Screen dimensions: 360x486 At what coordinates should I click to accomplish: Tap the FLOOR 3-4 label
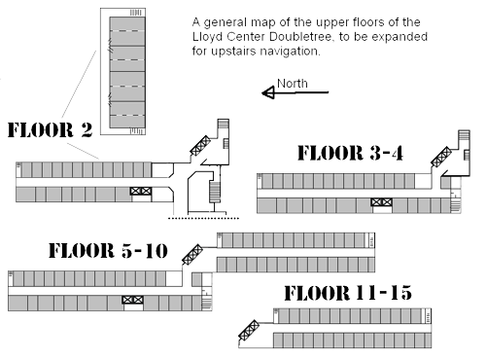coord(351,153)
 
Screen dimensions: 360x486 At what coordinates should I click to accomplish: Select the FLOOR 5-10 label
coord(108,251)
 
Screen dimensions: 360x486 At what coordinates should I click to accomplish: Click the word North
coord(293,84)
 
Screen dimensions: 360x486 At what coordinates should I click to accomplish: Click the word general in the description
coord(243,21)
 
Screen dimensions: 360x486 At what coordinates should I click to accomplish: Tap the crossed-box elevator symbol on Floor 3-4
coord(380,202)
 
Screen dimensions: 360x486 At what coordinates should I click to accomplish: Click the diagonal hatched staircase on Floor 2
coord(204,143)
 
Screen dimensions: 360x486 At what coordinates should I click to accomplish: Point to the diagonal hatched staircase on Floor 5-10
coord(192,255)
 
